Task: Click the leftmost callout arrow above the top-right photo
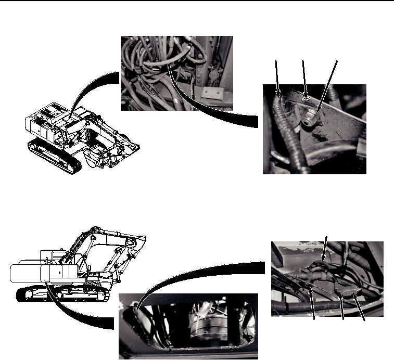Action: click(277, 78)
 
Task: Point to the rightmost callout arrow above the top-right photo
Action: click(328, 83)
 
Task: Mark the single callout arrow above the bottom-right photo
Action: click(325, 248)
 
